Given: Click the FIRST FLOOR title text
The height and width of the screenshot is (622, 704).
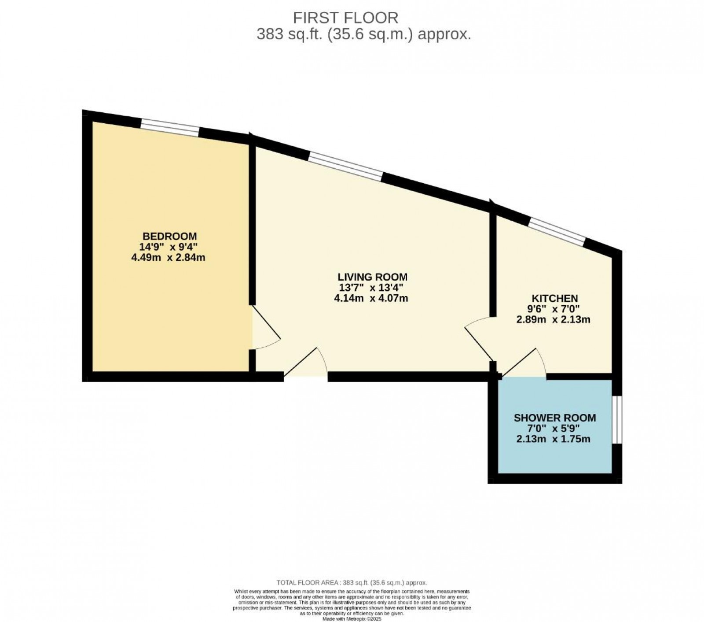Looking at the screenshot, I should point(345,18).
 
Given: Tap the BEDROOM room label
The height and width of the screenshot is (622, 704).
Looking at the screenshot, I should point(169,236).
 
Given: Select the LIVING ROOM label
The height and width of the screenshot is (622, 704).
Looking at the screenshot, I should point(372,277).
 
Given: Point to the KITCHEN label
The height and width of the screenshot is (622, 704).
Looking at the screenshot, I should point(554,298).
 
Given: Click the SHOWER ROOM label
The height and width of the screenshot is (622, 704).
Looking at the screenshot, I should point(554,418).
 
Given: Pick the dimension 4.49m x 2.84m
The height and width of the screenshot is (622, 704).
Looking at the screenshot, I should point(168,257).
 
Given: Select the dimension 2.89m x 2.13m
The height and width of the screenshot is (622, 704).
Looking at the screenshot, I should point(553,319).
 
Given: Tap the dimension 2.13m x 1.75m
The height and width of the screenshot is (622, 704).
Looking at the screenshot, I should point(553,439).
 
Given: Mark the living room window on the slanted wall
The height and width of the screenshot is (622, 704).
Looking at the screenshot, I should point(345,167).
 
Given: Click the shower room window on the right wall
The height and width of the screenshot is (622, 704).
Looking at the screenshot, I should point(617,419).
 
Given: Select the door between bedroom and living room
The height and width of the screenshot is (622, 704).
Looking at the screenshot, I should point(264,328).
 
